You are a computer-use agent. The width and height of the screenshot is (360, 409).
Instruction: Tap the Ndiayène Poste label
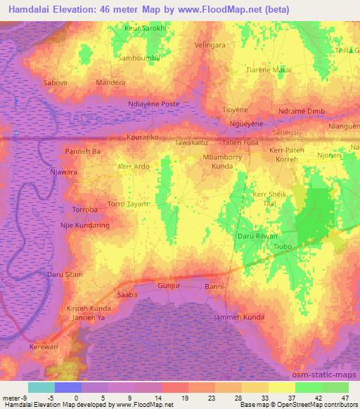[154, 104]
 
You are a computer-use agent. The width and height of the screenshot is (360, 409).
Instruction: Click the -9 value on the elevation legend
[27, 397]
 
